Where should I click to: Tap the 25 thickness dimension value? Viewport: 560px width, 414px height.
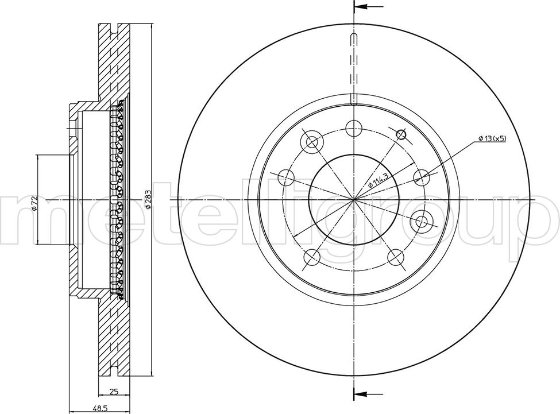(x=114, y=392)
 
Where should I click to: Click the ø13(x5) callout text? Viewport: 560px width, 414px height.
(x=492, y=138)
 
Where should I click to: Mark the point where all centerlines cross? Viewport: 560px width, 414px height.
(x=354, y=199)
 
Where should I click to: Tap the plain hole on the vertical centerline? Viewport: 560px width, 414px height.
(x=354, y=129)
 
